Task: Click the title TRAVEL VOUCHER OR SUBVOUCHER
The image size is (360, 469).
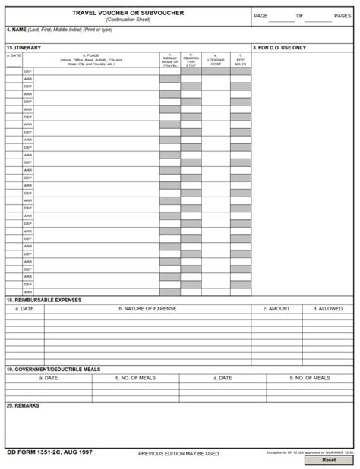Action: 128,13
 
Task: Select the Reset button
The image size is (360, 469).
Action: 329,460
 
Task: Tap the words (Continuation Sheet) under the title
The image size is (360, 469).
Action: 128,20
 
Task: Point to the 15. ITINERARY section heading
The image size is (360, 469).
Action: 24,48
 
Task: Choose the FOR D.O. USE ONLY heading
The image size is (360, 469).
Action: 279,48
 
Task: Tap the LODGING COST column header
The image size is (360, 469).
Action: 216,60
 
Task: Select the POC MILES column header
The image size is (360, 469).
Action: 241,60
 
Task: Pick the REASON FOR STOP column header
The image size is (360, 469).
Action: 191,60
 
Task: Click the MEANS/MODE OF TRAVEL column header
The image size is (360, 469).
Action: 169,60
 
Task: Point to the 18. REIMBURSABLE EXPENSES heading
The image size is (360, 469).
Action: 43,300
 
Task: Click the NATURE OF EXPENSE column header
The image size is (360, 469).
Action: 147,309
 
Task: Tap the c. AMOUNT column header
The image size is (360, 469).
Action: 276,309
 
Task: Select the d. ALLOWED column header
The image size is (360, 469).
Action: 327,309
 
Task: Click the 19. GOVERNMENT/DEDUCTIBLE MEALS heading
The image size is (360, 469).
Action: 53,369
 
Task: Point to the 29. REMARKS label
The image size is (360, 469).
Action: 23,405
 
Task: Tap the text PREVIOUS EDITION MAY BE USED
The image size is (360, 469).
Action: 179,454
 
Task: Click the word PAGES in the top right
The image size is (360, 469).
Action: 343,16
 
